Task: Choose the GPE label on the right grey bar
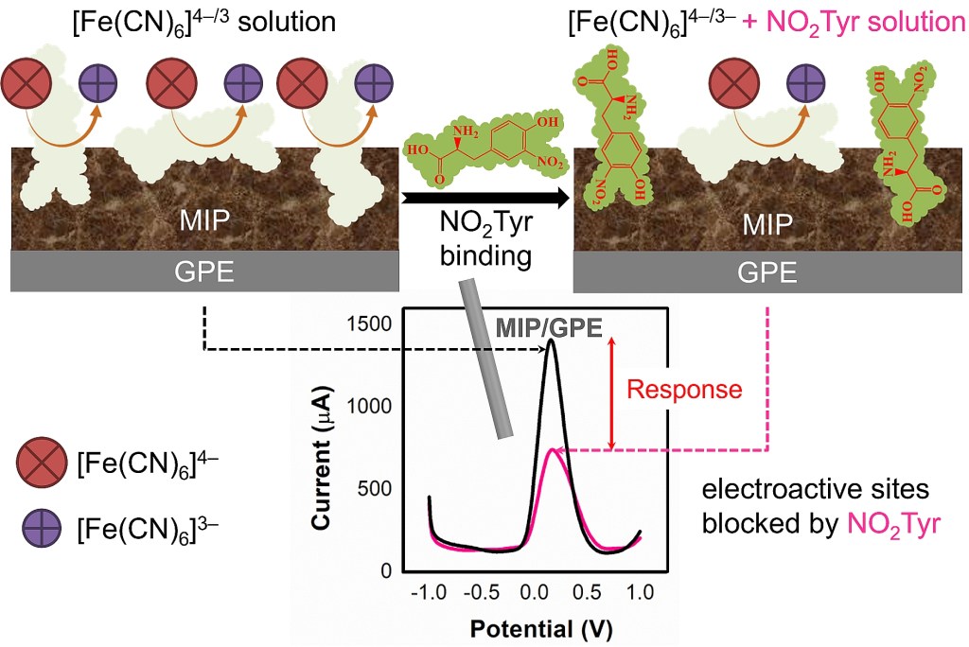pos(768,271)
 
